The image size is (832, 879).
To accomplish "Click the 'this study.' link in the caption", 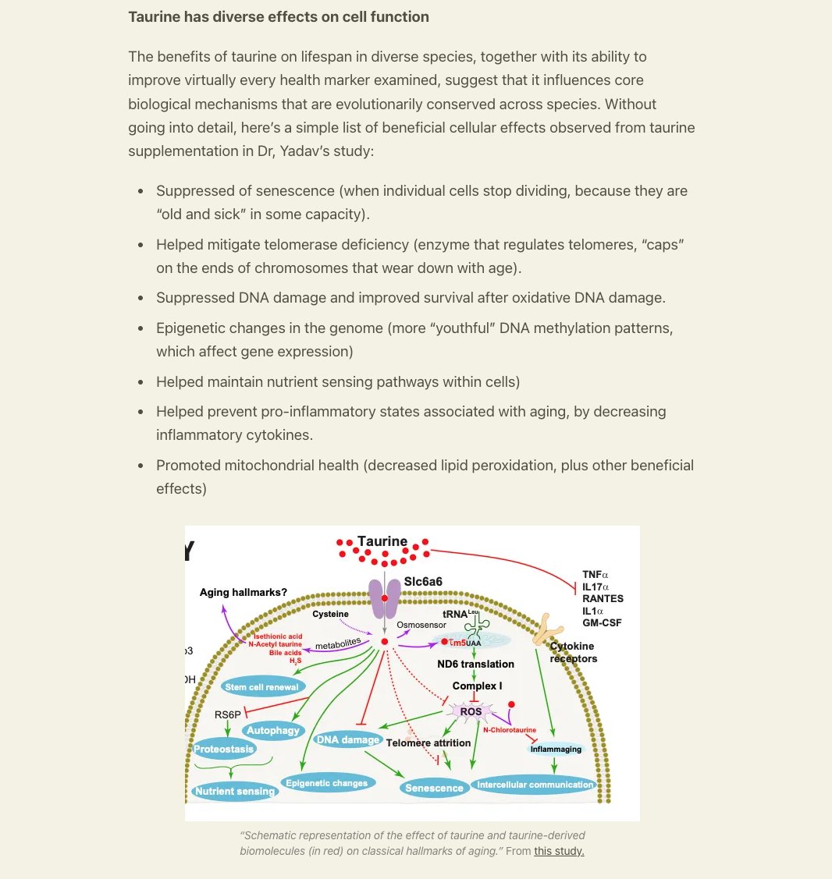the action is (x=559, y=851).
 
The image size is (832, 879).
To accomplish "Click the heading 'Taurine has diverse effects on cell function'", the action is (x=279, y=17).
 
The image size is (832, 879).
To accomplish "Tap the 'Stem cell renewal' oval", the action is (x=261, y=686).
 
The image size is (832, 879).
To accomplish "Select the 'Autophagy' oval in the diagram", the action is (x=273, y=730).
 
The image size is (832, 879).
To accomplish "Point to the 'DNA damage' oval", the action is (x=348, y=739).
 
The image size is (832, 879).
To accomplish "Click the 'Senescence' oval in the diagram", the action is (x=434, y=788).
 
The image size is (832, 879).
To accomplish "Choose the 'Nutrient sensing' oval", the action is (x=234, y=791).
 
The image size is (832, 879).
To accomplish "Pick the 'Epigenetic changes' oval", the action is (x=326, y=783).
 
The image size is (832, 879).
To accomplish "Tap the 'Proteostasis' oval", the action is (x=224, y=749).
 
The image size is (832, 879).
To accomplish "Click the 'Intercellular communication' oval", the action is (x=535, y=785).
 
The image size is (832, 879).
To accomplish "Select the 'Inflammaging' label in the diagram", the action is (x=556, y=749).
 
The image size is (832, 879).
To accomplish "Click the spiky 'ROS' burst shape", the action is (x=471, y=711).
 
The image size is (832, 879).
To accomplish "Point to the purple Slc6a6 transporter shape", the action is (x=385, y=597).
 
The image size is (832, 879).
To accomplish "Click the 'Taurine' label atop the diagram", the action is (x=382, y=541).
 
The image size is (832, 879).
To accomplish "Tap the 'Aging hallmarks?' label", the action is (x=243, y=592).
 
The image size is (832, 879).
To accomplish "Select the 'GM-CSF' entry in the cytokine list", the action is (x=602, y=623).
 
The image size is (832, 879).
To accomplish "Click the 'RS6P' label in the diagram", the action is (x=227, y=714).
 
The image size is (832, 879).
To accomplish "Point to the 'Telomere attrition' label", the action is (x=428, y=743).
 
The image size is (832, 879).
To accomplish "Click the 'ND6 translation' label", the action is (x=476, y=664).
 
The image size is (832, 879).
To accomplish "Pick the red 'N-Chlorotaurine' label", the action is (x=510, y=730).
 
